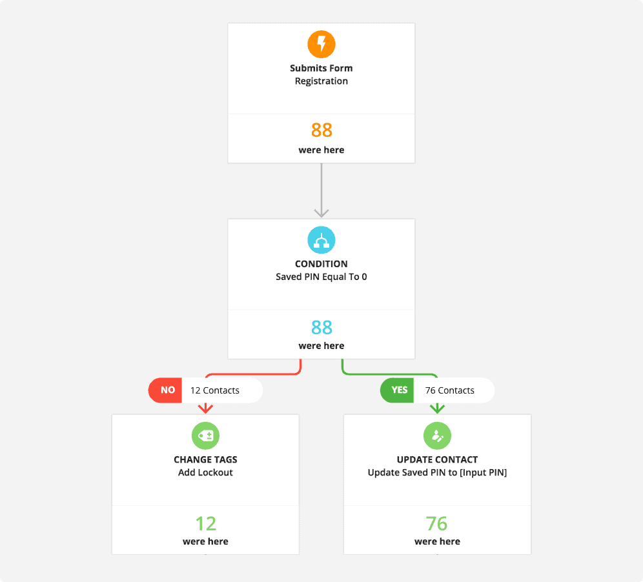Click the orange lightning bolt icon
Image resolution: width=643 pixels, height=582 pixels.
point(321,45)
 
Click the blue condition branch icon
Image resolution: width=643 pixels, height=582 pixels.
point(321,240)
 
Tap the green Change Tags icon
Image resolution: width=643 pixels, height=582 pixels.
point(205,436)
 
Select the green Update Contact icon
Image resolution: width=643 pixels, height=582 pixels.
point(437,436)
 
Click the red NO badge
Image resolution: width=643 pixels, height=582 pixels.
point(165,390)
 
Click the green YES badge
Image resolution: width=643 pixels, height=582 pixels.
point(397,390)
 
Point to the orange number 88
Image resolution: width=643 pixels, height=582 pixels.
point(321,130)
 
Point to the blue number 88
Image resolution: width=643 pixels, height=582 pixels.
point(321,328)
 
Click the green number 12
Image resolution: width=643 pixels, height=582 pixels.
point(205,524)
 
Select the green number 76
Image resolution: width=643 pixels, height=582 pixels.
point(436,524)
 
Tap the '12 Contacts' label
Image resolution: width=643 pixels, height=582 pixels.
point(215,390)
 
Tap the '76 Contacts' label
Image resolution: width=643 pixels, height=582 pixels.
point(450,390)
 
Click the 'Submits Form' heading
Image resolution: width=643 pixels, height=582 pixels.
point(321,68)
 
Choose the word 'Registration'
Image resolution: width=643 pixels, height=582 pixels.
point(321,81)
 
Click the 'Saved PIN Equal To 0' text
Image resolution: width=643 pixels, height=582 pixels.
point(321,277)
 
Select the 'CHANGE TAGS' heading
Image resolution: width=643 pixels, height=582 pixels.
point(205,459)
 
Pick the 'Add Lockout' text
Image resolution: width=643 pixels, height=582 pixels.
point(205,472)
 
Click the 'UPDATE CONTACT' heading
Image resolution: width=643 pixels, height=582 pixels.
point(437,459)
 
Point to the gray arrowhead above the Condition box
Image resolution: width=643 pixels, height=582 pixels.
point(321,213)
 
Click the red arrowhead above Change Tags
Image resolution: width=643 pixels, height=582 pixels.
point(205,408)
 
